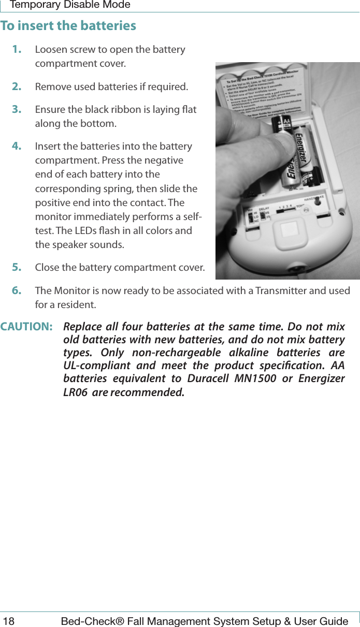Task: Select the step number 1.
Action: pos(17,50)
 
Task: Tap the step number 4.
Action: pos(17,147)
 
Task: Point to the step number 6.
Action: pos(17,290)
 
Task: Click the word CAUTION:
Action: pos(26,327)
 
